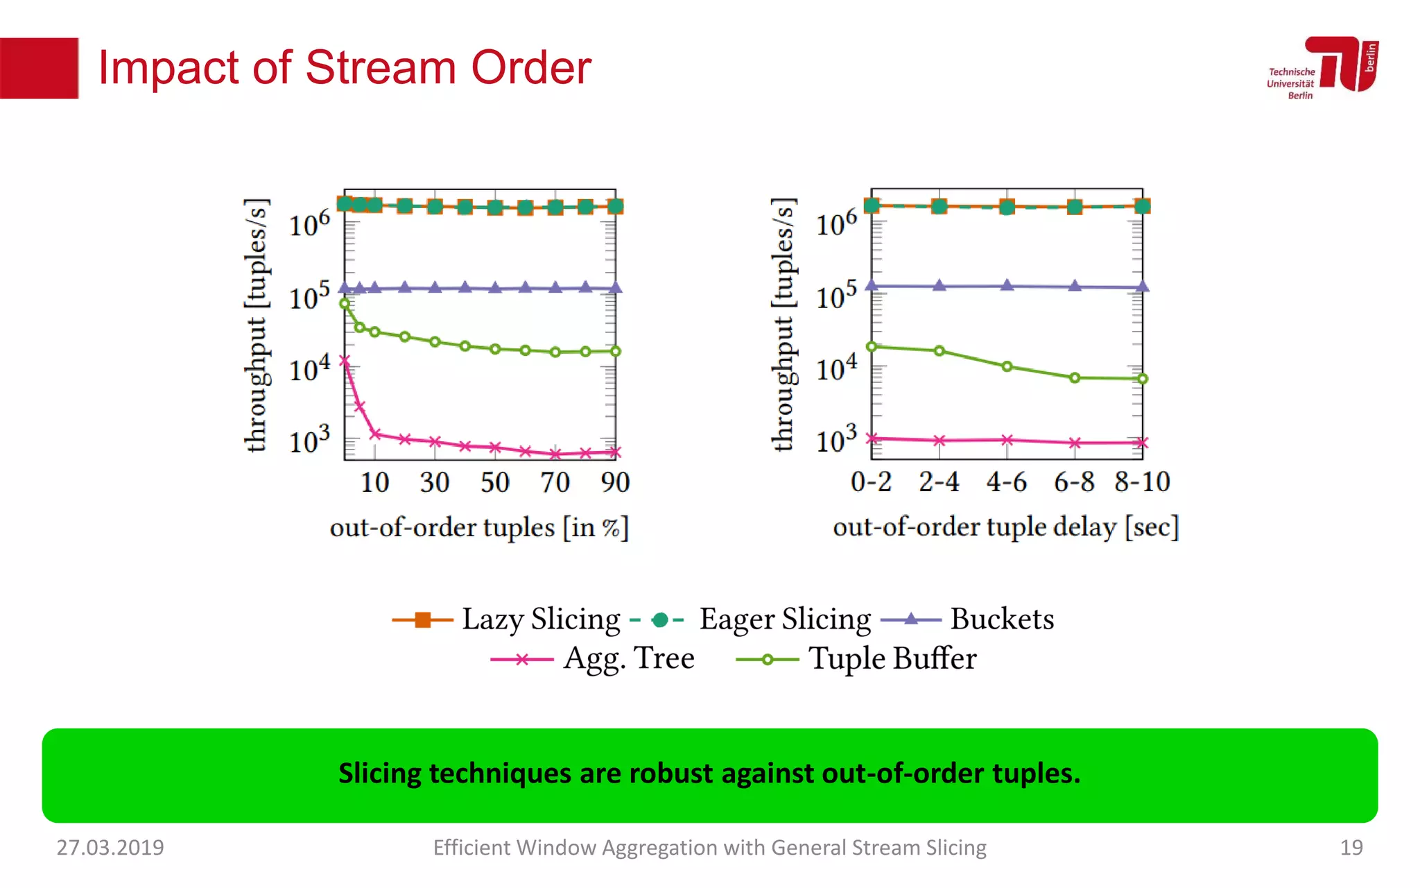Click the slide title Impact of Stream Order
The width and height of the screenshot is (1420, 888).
[x=345, y=68]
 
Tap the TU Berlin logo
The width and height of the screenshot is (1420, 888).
[x=1323, y=67]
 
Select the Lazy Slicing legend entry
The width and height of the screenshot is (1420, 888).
[x=506, y=620]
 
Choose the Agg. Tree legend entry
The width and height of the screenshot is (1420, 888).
[x=593, y=658]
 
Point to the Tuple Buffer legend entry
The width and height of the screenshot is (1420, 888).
[x=857, y=659]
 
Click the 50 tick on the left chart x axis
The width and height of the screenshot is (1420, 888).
[x=495, y=482]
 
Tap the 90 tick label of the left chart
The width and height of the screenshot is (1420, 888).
[x=615, y=482]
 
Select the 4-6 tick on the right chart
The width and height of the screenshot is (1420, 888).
[x=1007, y=481]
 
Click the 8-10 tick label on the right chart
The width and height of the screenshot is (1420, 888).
[x=1142, y=481]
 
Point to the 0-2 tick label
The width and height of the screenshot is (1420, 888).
[x=872, y=481]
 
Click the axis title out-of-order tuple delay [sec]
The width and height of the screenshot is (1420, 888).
[x=1005, y=527]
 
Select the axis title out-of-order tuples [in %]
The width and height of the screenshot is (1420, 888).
[x=479, y=528]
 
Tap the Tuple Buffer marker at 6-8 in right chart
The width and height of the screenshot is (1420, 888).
[x=1075, y=378]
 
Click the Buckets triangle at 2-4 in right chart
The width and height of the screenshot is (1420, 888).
[x=940, y=285]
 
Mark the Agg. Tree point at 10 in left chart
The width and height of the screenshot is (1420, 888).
[x=375, y=434]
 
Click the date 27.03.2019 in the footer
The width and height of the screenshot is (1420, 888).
[x=110, y=847]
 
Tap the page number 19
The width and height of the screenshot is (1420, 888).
[x=1351, y=847]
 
